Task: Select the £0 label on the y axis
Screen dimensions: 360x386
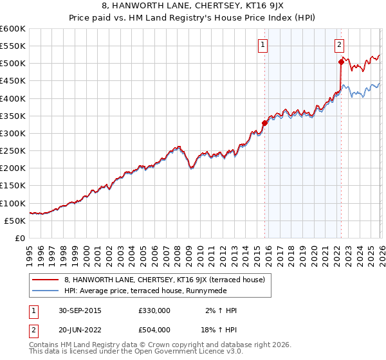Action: tap(21, 238)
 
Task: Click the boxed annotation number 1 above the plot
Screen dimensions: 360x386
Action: tap(264, 44)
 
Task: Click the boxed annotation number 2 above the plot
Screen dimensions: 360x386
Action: tap(339, 44)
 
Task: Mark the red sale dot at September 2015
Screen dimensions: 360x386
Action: tap(264, 123)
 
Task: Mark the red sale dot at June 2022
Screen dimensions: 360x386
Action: tap(340, 62)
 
